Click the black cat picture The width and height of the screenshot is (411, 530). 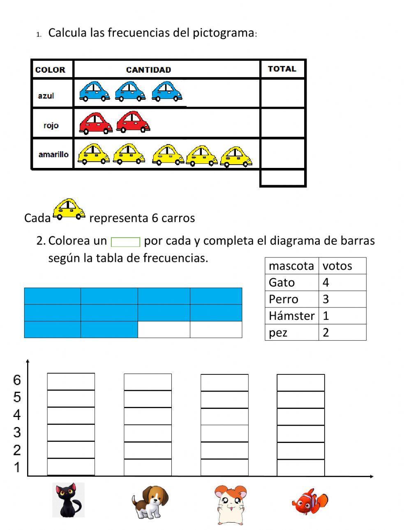point(68,500)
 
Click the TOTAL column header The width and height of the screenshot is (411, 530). point(282,69)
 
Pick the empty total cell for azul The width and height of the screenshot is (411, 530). point(282,94)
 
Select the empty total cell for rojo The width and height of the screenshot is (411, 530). point(282,123)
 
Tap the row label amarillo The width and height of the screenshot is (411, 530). point(53,155)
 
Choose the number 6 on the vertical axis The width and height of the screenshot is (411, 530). point(17,380)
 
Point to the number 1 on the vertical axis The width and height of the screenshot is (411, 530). point(17,467)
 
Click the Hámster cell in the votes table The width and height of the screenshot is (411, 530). point(291,316)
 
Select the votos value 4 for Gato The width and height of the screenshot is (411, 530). point(326,282)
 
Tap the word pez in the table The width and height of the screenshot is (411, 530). point(278,333)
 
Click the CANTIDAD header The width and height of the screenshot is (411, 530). point(148,70)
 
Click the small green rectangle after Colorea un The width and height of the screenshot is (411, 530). point(125,242)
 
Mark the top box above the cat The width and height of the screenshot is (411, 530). point(71,381)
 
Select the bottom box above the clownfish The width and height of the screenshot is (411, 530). point(300,468)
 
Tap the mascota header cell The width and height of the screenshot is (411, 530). point(291,266)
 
